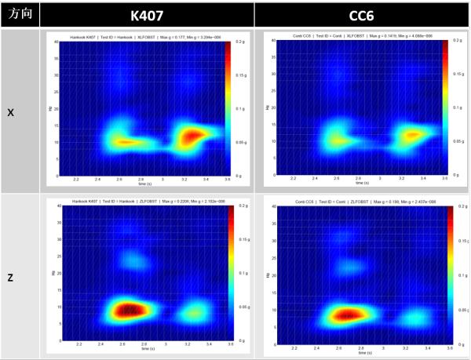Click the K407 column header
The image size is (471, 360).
tap(146, 14)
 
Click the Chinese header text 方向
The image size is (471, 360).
tap(19, 14)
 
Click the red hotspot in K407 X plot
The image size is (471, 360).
tap(192, 137)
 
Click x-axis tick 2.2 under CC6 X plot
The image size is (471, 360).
tap(292, 180)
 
